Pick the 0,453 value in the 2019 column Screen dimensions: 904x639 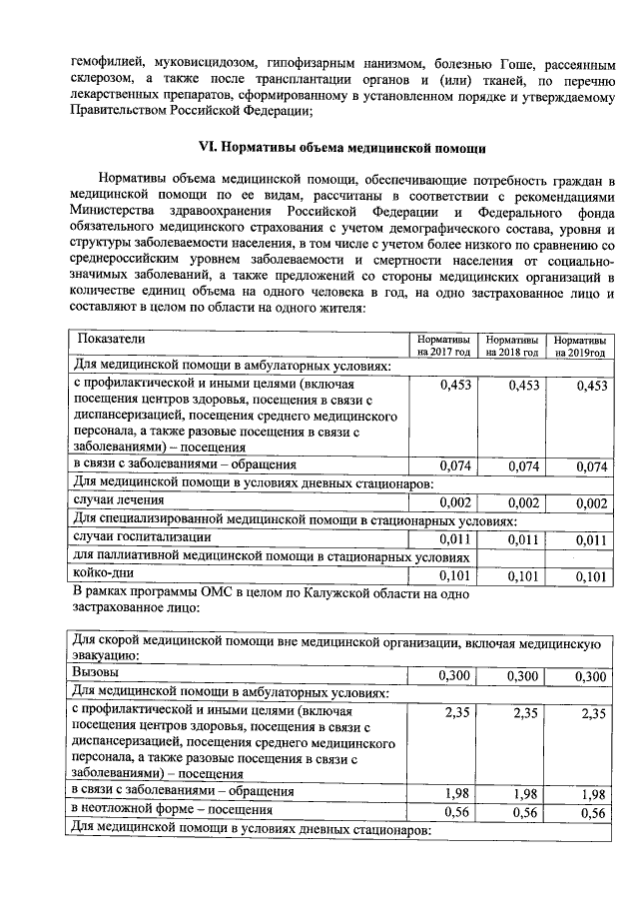point(591,387)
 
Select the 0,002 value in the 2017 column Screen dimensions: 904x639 point(455,502)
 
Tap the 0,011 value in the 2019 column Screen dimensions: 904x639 point(591,539)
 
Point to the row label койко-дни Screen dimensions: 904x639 point(104,573)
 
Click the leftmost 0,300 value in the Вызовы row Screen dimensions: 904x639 point(455,677)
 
